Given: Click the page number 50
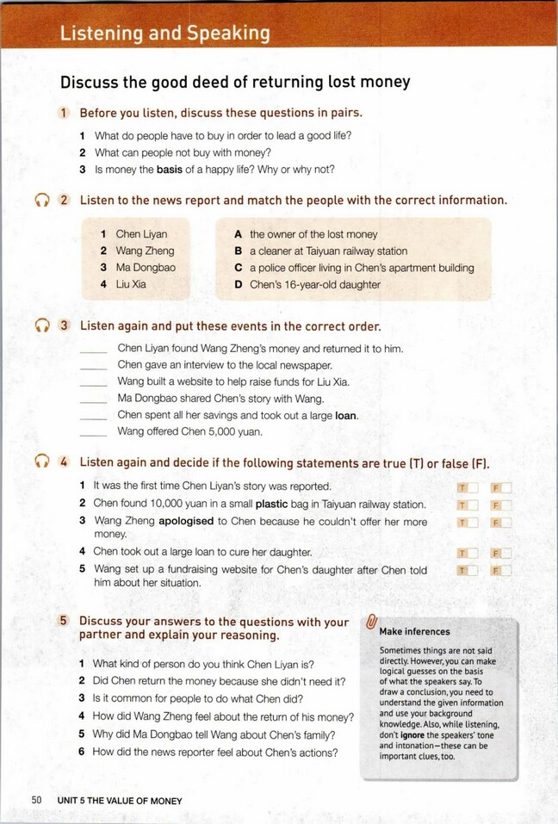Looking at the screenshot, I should [x=36, y=800].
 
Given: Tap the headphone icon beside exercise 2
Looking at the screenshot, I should [x=41, y=201].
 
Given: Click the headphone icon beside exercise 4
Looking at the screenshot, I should [x=41, y=462].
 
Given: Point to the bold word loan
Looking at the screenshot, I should [x=345, y=415].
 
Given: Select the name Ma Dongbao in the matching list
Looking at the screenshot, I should [x=146, y=268].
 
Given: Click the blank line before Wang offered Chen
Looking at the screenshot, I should [x=94, y=433].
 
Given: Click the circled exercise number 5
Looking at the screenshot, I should [x=64, y=621].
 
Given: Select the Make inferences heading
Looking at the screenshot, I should [x=414, y=631].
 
